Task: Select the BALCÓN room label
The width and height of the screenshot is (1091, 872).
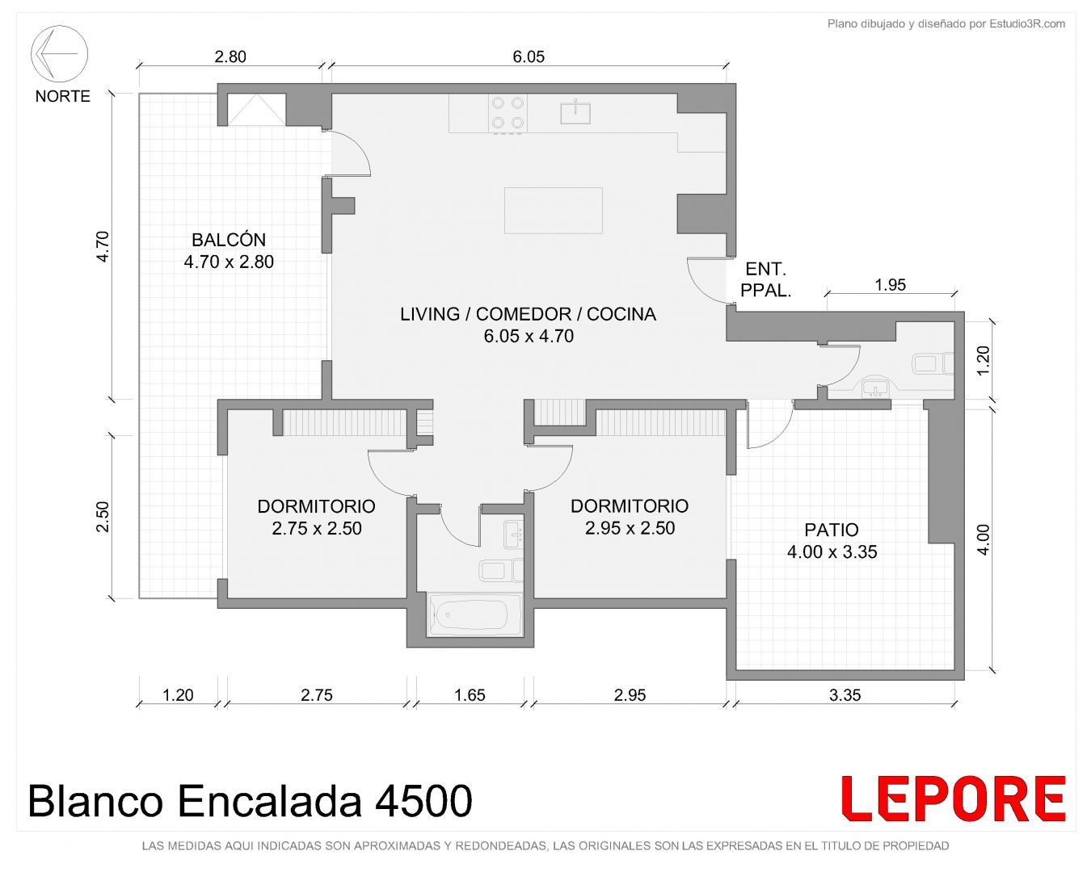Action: point(229,240)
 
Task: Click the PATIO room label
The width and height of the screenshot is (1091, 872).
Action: point(832,530)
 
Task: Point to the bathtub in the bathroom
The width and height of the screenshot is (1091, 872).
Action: point(474,614)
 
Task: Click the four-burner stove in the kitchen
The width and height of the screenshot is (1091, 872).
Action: point(508,113)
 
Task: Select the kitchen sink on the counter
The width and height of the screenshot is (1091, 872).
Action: point(575,111)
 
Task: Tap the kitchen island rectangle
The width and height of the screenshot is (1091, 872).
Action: point(553,210)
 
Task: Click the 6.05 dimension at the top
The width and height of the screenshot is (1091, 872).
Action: point(529,57)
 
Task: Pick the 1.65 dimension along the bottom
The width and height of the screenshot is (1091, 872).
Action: point(470,695)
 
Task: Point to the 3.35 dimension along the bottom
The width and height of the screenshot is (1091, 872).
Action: point(845,695)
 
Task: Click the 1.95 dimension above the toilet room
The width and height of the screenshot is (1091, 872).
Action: point(891,285)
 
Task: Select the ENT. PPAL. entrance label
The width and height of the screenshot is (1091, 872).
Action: point(765,279)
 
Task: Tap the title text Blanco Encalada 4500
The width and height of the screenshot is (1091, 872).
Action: point(250,801)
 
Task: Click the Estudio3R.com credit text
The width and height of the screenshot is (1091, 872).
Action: point(1027,23)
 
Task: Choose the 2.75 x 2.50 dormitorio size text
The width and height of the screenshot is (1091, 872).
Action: point(316,529)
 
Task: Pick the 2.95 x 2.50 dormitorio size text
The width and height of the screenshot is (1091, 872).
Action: point(630,529)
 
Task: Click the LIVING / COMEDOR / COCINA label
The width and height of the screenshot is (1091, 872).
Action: point(528,314)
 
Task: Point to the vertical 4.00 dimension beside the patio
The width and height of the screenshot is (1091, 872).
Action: point(983,539)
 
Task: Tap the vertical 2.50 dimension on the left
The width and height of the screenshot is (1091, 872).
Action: point(103,517)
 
